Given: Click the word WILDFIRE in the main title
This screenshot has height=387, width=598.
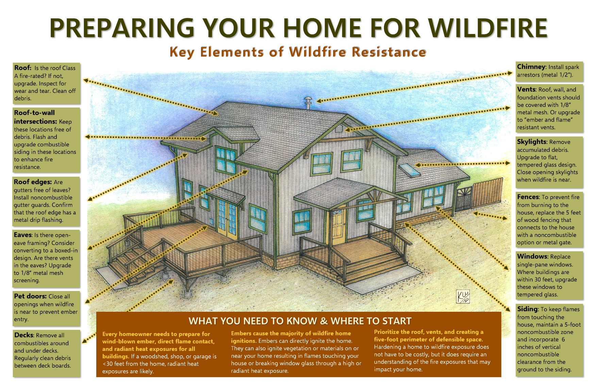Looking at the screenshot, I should tap(488, 28).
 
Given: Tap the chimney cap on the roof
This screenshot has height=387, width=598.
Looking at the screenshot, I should tap(308, 99).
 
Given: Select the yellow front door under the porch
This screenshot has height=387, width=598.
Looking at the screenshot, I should tap(338, 226).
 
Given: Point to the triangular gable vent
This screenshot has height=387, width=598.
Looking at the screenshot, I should tap(338, 129).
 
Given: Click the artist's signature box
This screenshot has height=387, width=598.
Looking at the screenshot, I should tap(463, 296).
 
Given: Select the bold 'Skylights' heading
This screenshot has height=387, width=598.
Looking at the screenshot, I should tap(532, 142).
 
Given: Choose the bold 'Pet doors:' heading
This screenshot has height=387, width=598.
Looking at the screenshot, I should tap(30, 296).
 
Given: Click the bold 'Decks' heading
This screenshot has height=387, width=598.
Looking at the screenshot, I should tap(24, 335).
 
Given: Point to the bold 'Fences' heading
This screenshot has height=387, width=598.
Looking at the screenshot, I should tap(528, 197).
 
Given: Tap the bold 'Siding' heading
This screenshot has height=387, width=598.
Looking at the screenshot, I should tap(528, 309).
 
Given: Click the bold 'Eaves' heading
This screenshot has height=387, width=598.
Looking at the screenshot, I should tap(23, 235).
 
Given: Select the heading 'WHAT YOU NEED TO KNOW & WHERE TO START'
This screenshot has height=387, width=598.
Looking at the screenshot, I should tap(300, 321).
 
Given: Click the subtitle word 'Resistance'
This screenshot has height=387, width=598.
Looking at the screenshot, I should tap(388, 52).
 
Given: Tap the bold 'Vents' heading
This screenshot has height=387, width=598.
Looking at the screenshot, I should tap(526, 90).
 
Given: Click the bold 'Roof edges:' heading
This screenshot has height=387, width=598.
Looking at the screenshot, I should tap(33, 182).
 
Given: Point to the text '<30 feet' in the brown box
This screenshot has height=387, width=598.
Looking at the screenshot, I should tap(114, 364).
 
